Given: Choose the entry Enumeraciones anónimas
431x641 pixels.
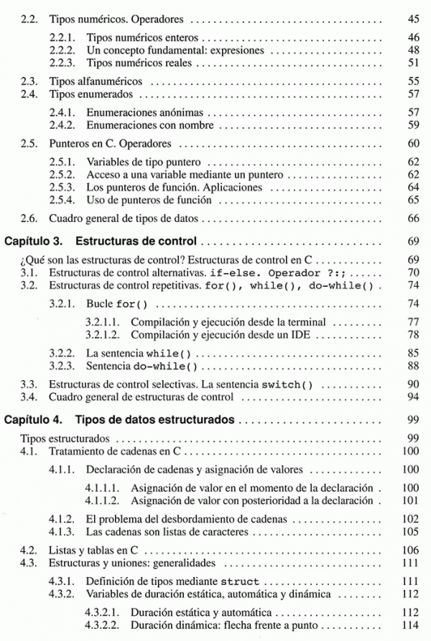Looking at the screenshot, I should click(144, 113).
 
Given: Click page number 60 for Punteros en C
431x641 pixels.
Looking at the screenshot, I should click(412, 144).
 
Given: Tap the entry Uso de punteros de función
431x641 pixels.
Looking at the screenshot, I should click(148, 200).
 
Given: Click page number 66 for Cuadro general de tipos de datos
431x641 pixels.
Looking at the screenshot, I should click(412, 218).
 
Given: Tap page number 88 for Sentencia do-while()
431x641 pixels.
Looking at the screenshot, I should click(412, 366).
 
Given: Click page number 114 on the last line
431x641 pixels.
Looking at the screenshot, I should click(410, 625).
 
